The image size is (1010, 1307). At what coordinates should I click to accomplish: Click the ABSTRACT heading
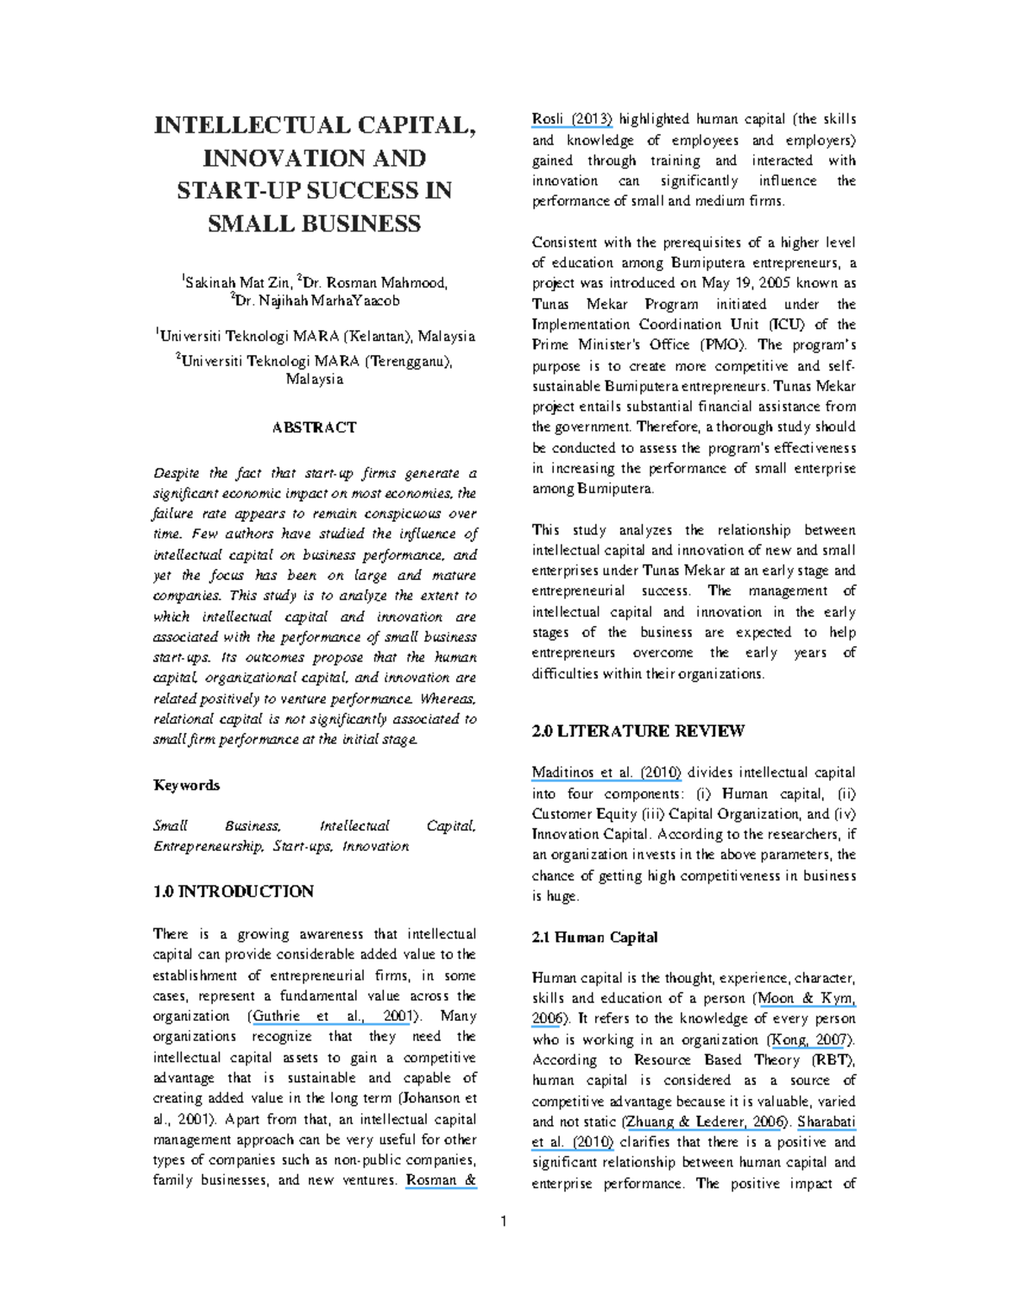pyautogui.click(x=314, y=428)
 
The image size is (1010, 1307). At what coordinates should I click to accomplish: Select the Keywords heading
pyautogui.click(x=186, y=785)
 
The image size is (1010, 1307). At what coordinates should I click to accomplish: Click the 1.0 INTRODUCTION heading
pyautogui.click(x=233, y=891)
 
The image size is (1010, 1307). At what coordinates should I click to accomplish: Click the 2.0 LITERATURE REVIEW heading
pyautogui.click(x=638, y=731)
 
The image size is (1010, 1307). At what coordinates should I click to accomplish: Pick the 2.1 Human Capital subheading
pyautogui.click(x=595, y=938)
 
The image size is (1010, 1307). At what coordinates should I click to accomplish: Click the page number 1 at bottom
pyautogui.click(x=504, y=1222)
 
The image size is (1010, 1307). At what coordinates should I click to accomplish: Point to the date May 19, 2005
pyautogui.click(x=741, y=284)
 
